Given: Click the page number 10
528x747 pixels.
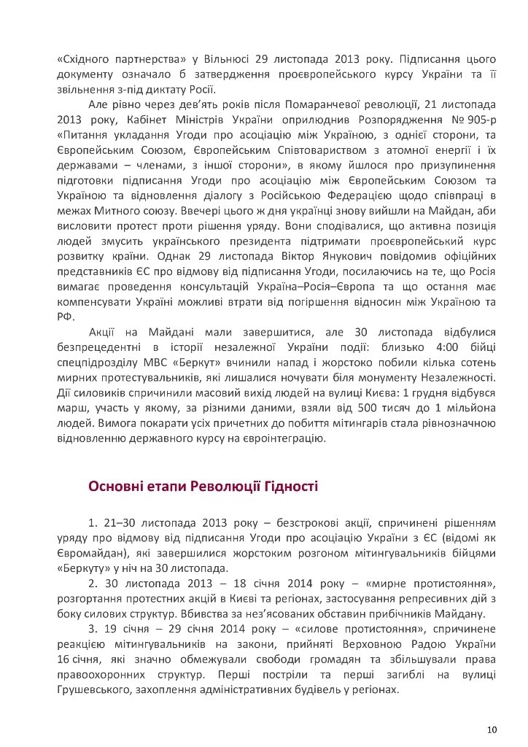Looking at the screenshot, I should click(x=492, y=729).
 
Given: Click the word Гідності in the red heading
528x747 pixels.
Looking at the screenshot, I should click(x=290, y=487).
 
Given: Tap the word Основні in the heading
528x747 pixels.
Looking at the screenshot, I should click(x=117, y=487).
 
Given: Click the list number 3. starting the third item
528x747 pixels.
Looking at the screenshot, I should click(x=93, y=628).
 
